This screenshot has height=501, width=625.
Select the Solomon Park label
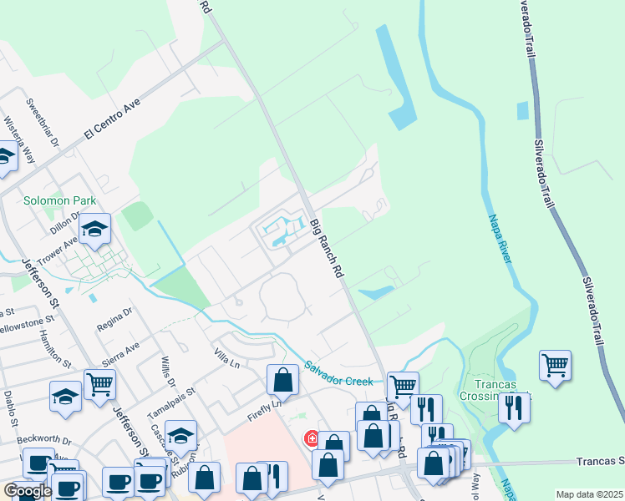(59, 200)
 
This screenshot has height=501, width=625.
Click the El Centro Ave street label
(114, 121)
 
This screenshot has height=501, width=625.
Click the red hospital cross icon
(312, 438)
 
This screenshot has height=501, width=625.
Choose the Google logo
(28, 491)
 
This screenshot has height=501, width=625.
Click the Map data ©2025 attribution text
(590, 494)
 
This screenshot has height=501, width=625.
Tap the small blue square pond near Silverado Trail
(522, 110)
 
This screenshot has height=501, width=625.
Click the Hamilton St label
(54, 348)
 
